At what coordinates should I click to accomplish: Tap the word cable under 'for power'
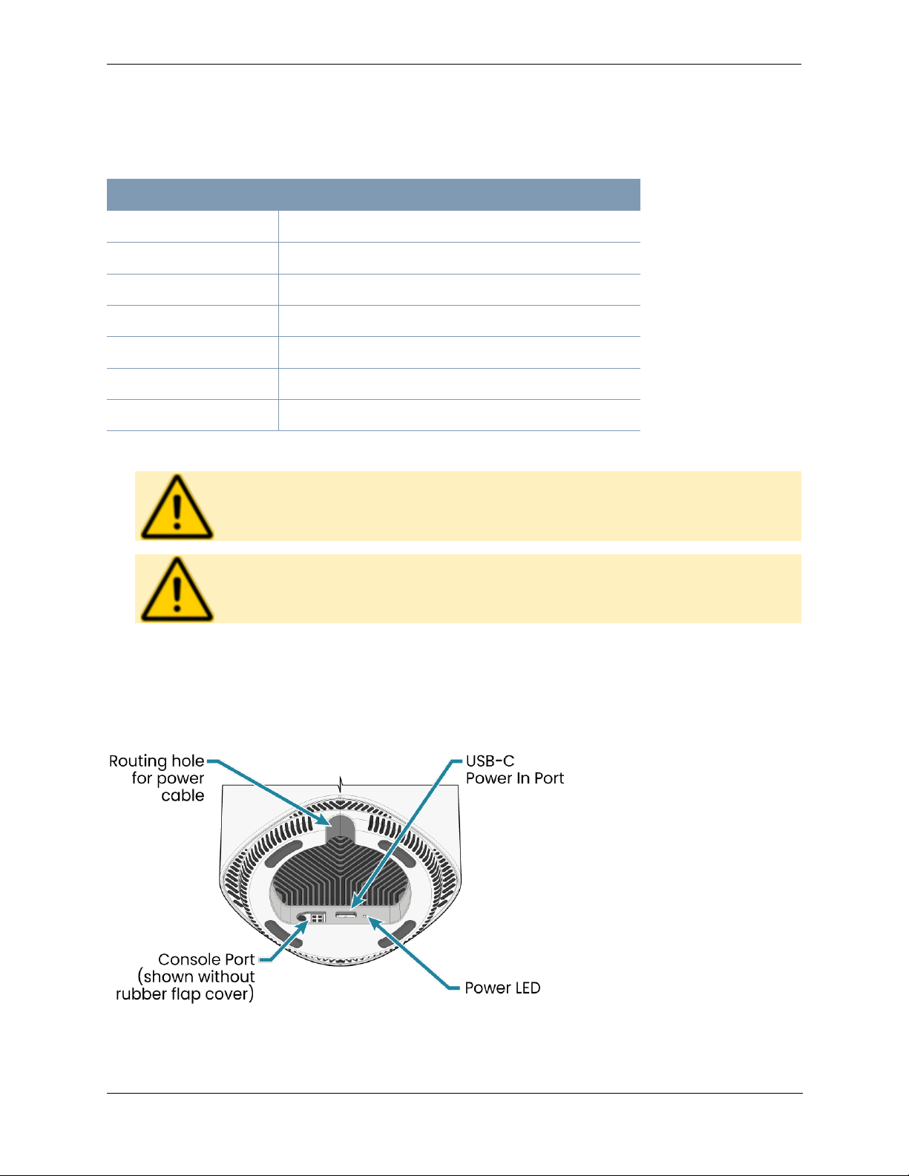click(183, 795)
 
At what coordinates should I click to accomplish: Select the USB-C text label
click(490, 761)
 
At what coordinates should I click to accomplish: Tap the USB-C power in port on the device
click(347, 915)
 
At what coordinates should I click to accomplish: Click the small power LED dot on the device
click(364, 917)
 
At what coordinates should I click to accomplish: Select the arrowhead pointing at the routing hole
click(323, 821)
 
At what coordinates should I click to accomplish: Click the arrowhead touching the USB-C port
click(355, 903)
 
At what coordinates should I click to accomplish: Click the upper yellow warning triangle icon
click(177, 507)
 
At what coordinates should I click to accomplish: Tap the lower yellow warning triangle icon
click(177, 589)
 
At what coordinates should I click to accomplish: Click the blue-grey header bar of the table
click(373, 194)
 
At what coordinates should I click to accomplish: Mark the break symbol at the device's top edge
click(341, 784)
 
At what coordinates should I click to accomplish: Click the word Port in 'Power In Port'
click(549, 778)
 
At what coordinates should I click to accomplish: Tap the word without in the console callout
click(226, 977)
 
